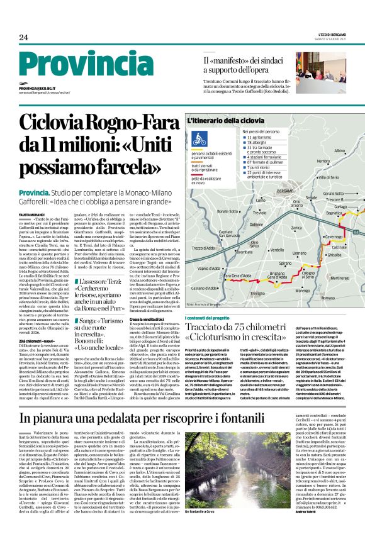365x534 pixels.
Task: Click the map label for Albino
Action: pos(340,151)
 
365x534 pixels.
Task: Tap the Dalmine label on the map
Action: pos(257,223)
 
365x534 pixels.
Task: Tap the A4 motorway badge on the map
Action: pos(356,233)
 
